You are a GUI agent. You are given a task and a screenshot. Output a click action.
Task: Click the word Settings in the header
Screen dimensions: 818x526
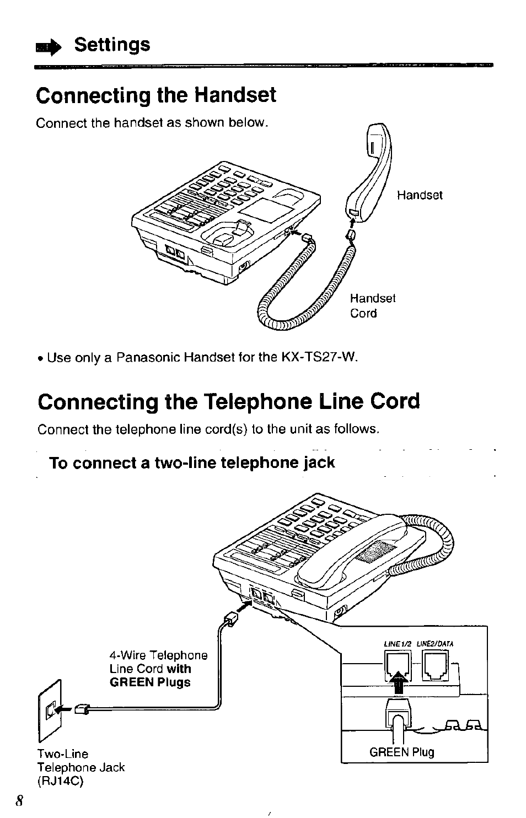[x=112, y=45]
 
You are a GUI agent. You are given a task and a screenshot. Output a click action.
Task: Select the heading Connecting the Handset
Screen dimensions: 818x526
[x=156, y=95]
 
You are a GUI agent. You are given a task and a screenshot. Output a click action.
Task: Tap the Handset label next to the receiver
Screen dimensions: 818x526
[x=420, y=196]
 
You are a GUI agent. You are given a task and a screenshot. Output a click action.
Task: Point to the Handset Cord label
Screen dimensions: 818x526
[x=373, y=306]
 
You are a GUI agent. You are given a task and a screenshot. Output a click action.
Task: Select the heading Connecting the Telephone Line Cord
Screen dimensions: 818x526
[x=229, y=401]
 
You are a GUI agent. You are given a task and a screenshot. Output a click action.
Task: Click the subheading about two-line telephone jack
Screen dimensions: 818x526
[x=192, y=462]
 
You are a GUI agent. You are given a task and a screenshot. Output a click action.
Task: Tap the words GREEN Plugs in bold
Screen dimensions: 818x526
[x=150, y=682]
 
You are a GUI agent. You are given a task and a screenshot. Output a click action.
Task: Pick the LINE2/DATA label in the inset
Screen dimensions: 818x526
[x=434, y=643]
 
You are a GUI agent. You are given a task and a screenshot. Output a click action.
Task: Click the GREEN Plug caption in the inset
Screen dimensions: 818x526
[x=402, y=752]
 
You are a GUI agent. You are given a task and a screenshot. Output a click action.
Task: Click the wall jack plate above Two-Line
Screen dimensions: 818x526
[x=50, y=711]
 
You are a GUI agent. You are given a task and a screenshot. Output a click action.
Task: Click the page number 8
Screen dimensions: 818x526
[x=20, y=801]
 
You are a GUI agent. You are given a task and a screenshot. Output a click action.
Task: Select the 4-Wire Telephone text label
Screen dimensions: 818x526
[x=158, y=655]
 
